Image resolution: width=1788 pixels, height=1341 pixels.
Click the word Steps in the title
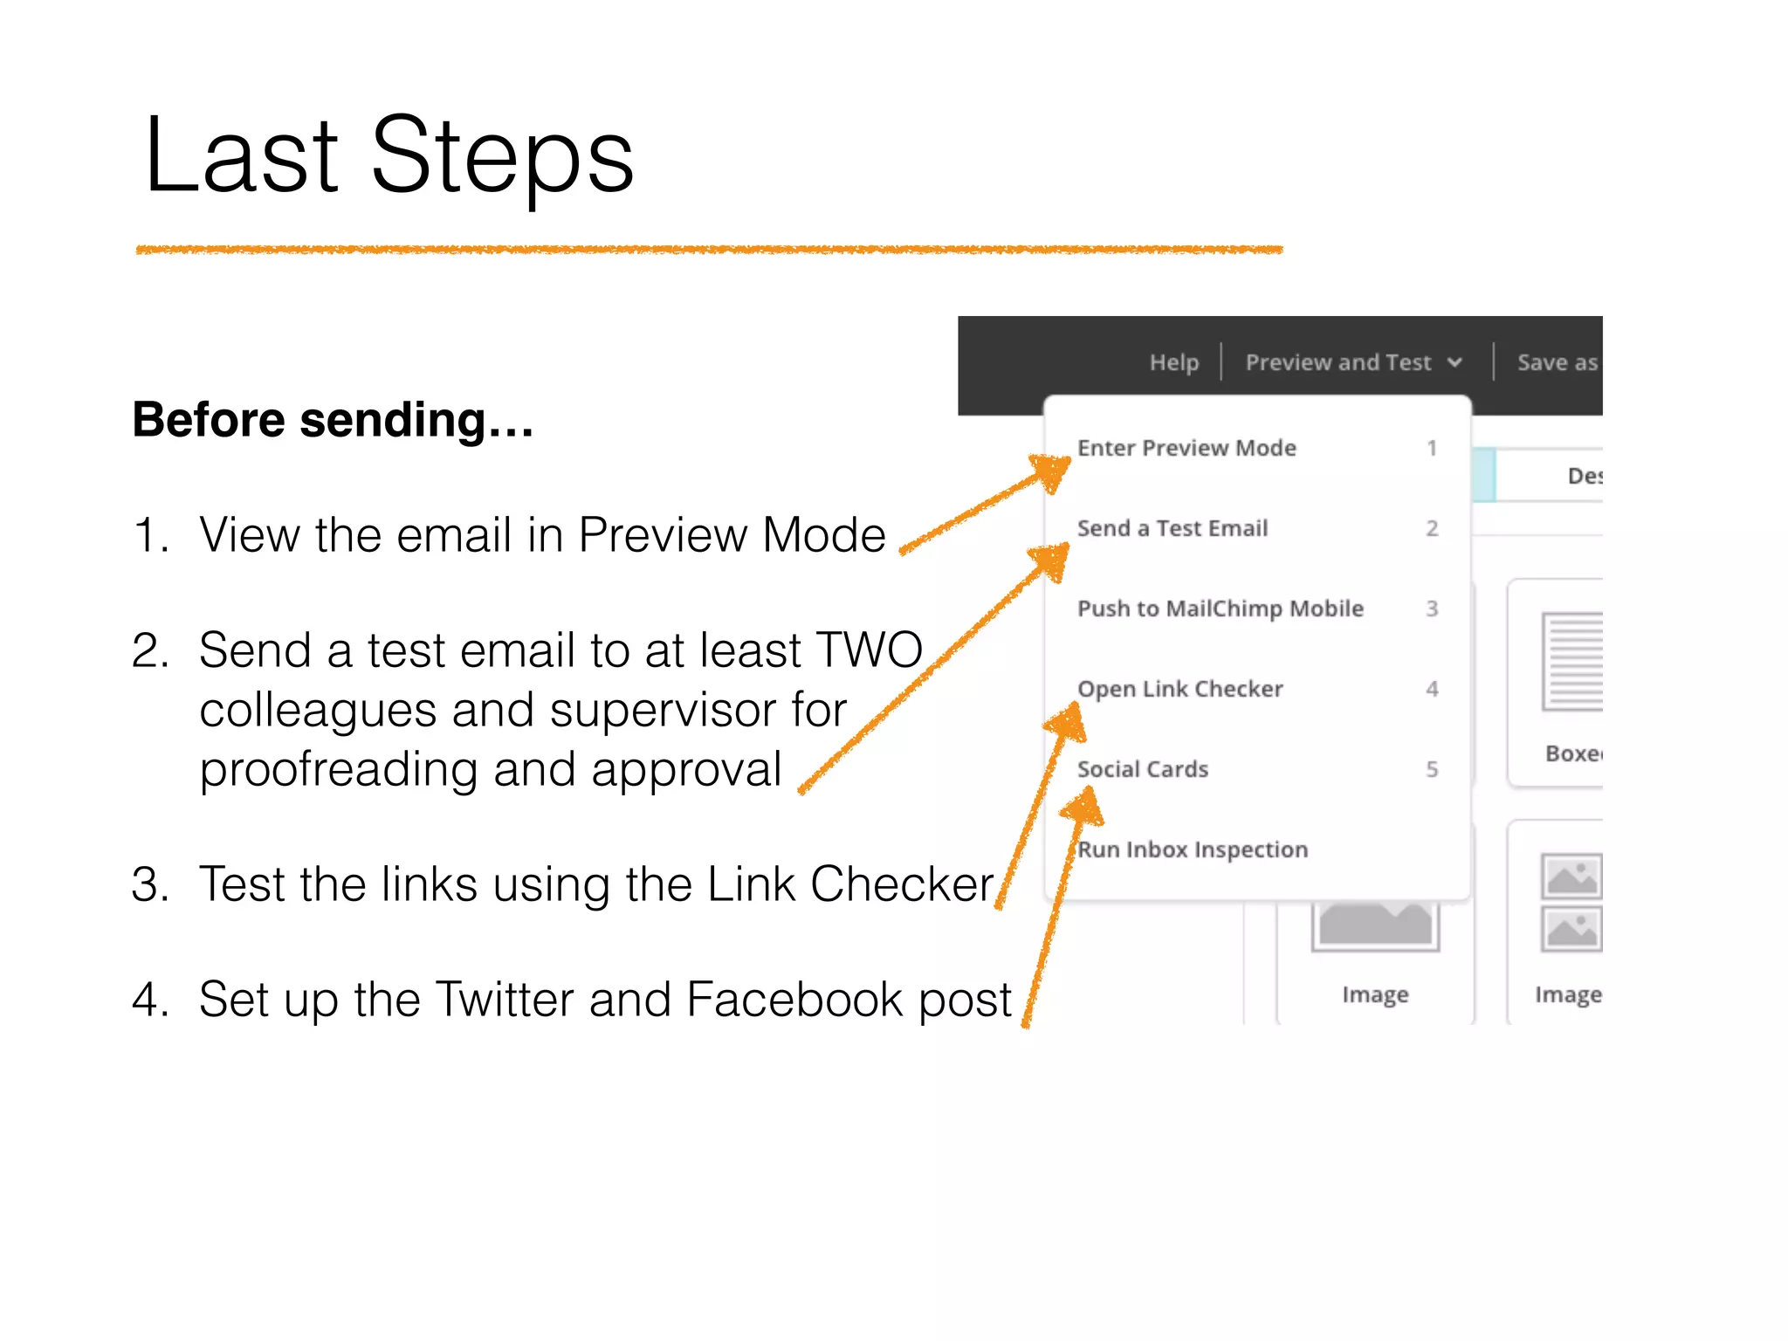[x=502, y=157]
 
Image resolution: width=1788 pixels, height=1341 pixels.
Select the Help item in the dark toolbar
[x=1173, y=362]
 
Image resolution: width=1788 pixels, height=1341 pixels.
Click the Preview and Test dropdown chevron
[x=1454, y=362]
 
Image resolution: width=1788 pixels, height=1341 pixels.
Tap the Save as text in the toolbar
[x=1557, y=362]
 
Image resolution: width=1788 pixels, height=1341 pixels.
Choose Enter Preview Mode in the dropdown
[x=1186, y=448]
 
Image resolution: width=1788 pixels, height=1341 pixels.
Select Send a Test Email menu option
[x=1172, y=528]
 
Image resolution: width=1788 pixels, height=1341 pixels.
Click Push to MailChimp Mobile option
[x=1220, y=609]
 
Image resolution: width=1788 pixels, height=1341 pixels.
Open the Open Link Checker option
[x=1179, y=689]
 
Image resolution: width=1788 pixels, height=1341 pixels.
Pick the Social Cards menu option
[x=1142, y=769]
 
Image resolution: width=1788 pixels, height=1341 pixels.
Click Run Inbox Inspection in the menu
[x=1193, y=849]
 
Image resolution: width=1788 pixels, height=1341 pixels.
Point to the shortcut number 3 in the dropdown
[x=1432, y=609]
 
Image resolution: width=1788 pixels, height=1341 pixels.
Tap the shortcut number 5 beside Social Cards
[x=1432, y=769]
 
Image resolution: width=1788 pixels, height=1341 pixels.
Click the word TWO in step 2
[x=868, y=650]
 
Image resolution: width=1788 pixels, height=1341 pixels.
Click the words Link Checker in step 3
[x=849, y=884]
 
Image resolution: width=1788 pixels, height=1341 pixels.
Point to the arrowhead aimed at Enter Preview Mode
[x=1052, y=471]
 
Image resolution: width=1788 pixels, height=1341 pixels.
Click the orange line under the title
[x=709, y=250]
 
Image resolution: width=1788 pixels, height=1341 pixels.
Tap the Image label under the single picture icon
[x=1375, y=994]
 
